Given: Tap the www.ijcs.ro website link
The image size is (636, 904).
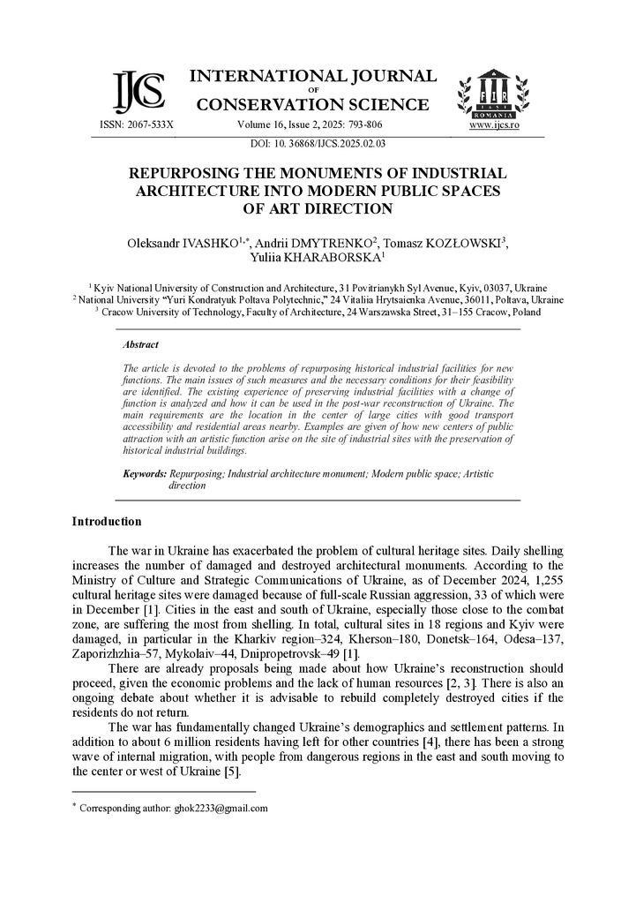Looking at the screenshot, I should click(x=494, y=125).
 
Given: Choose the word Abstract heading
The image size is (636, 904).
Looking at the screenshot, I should click(x=141, y=345).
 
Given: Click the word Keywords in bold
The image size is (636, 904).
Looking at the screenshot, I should click(x=145, y=474).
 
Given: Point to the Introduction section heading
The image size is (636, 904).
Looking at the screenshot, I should click(x=107, y=522).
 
